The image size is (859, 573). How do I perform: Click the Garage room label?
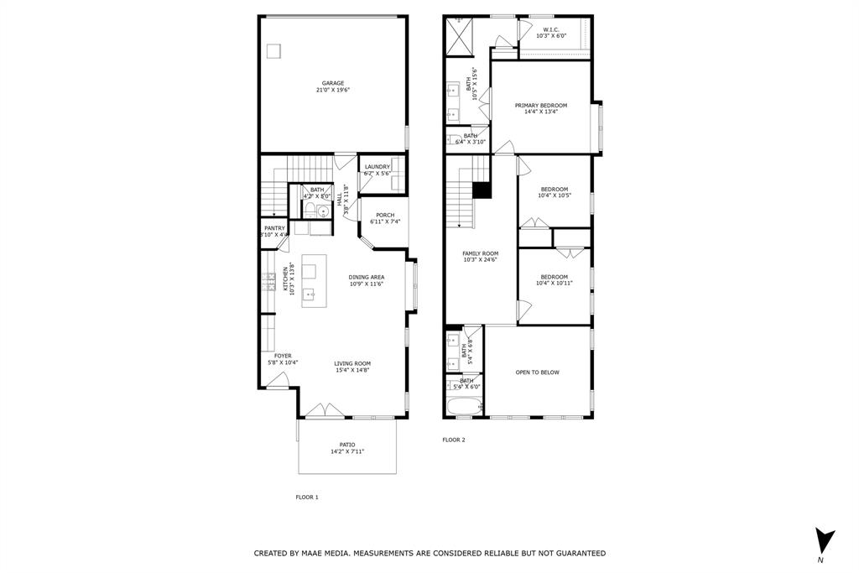point(333,83)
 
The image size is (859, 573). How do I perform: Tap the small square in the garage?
point(273,51)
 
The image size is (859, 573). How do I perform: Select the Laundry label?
point(377,166)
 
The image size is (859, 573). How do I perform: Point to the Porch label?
point(385,215)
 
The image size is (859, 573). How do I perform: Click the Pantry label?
point(274,228)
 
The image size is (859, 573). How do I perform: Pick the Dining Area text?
point(367,277)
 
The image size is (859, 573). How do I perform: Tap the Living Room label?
point(352,363)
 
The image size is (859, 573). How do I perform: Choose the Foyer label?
point(283,356)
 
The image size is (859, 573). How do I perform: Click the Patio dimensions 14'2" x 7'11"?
point(347,451)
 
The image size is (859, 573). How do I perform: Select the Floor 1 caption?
point(307,497)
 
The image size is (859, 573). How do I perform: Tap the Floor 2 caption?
point(453,440)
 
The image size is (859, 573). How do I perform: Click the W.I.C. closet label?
point(551,30)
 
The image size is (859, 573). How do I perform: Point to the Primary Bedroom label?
point(541,105)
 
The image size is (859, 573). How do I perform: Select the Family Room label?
point(480,253)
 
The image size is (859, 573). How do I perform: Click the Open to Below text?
point(537,372)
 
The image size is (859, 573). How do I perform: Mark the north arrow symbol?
point(825,539)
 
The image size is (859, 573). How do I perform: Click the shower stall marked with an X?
point(459,35)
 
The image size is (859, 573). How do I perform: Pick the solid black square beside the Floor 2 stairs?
point(482,190)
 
